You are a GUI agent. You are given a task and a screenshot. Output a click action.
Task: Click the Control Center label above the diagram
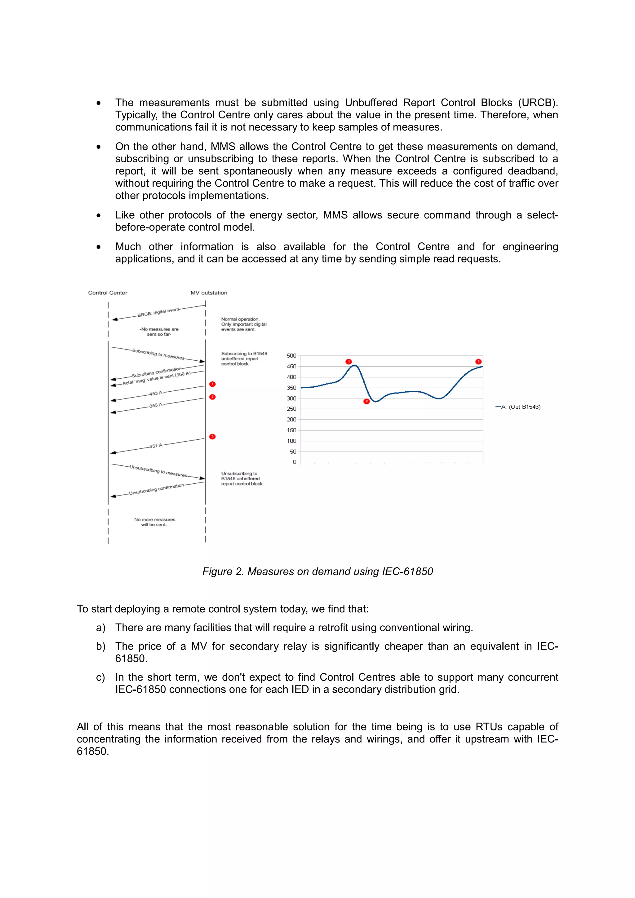(x=108, y=293)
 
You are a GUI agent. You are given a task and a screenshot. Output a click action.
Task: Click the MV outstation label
(x=209, y=293)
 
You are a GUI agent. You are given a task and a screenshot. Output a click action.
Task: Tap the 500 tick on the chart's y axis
(x=291, y=355)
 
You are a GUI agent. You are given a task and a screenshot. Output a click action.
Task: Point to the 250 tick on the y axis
(x=291, y=409)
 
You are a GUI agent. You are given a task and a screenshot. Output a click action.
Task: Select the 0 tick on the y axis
(x=295, y=462)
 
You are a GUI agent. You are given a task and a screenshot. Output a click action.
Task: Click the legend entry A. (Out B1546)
(x=520, y=407)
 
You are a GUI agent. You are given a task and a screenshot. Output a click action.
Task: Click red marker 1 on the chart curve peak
(x=349, y=361)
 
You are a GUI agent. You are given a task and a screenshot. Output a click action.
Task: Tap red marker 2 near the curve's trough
(x=366, y=401)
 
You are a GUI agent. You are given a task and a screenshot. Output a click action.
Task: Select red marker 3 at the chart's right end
(x=478, y=361)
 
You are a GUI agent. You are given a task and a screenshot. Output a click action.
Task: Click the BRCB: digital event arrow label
(x=158, y=312)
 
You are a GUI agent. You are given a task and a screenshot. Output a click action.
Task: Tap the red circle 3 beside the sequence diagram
(x=212, y=437)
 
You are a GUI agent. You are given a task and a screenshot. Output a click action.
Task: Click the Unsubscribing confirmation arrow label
(x=157, y=489)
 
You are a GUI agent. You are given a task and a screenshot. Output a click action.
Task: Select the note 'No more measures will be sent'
(x=154, y=522)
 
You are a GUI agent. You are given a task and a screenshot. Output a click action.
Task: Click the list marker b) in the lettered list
(x=100, y=646)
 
